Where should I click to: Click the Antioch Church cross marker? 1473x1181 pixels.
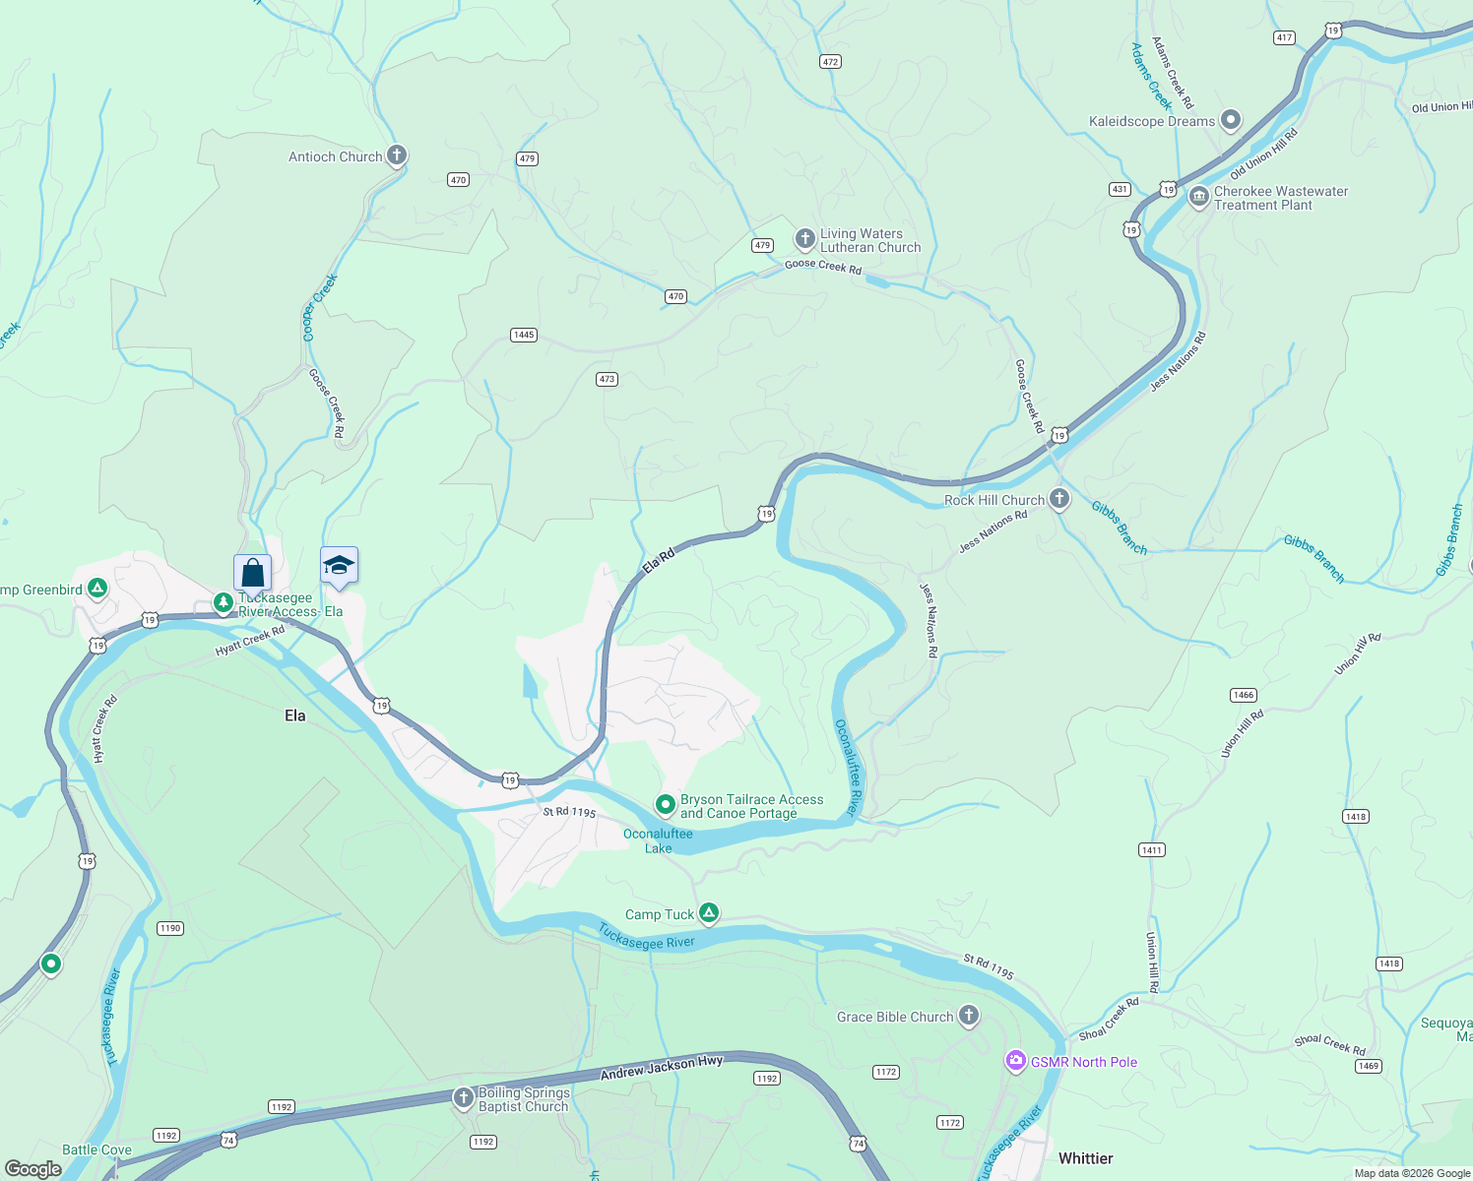(x=396, y=155)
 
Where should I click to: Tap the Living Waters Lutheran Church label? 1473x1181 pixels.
(x=870, y=241)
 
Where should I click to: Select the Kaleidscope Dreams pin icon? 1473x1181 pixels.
(x=1231, y=121)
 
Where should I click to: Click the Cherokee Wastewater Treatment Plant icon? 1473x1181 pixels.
(x=1198, y=197)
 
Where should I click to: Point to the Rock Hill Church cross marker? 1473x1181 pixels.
(x=1059, y=499)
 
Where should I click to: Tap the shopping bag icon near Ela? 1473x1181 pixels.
(x=252, y=572)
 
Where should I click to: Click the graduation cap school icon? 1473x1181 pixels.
(x=339, y=566)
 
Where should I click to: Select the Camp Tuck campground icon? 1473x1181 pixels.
(x=708, y=913)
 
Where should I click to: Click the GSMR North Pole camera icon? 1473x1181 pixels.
(x=1015, y=1061)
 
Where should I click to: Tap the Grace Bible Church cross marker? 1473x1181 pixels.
(x=969, y=1016)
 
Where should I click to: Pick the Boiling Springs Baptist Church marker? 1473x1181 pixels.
(x=463, y=1097)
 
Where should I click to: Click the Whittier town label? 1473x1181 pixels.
(x=1085, y=1158)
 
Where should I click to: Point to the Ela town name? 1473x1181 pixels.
(x=295, y=715)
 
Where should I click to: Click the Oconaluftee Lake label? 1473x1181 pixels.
(x=658, y=840)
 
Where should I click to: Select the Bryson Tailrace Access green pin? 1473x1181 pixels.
(x=666, y=805)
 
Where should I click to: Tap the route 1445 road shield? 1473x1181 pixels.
(x=524, y=335)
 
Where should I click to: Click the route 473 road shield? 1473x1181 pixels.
(x=607, y=379)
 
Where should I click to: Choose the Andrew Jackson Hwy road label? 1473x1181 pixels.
(x=662, y=1068)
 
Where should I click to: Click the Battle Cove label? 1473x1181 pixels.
(x=96, y=1150)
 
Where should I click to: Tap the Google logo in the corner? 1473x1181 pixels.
(x=33, y=1168)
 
